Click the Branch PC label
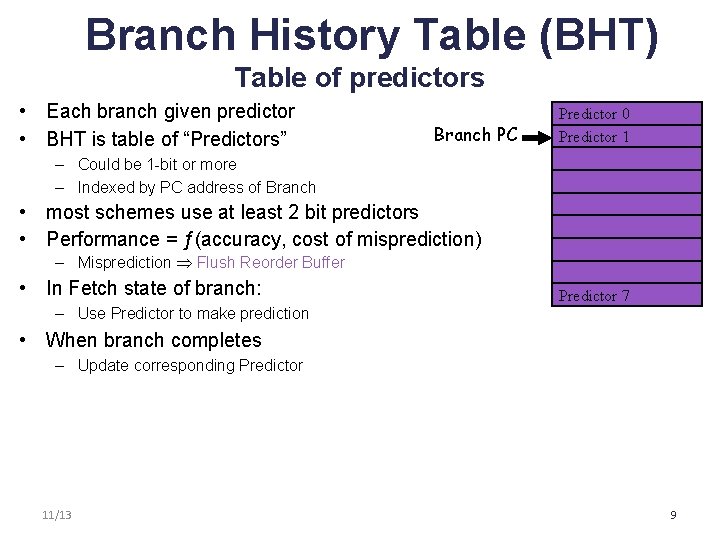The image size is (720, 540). click(x=476, y=135)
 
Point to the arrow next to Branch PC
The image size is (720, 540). click(x=538, y=136)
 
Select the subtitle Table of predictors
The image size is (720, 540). click(x=359, y=78)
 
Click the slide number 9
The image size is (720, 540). click(x=673, y=515)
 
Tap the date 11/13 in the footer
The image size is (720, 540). click(x=57, y=515)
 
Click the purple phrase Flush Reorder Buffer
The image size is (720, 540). click(x=271, y=263)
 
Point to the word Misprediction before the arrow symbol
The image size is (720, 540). click(x=124, y=263)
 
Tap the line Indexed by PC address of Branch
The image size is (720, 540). click(x=196, y=187)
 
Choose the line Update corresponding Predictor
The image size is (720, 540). click(x=189, y=365)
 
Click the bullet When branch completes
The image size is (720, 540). click(x=154, y=340)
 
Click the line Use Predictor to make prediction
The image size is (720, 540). click(x=193, y=313)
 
